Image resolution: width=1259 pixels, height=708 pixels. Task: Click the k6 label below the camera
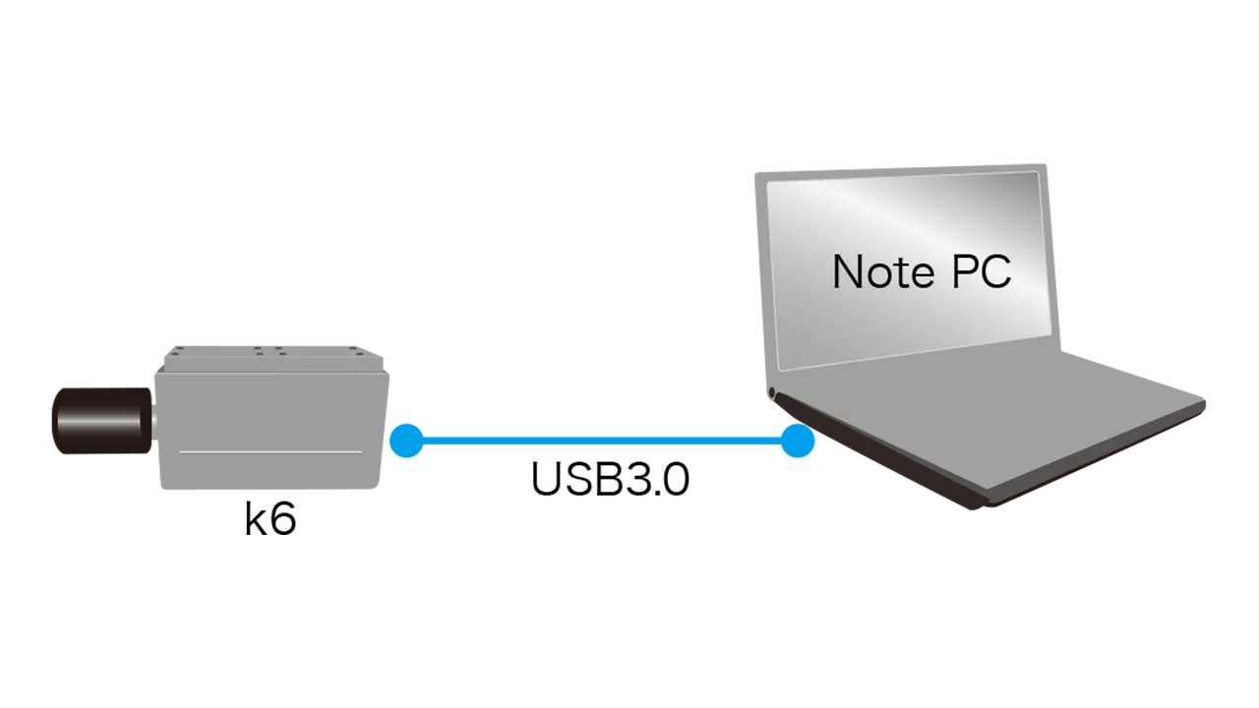click(x=270, y=518)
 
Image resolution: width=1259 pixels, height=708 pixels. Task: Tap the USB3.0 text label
click(x=611, y=479)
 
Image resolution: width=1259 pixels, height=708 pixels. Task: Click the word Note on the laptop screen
click(x=883, y=272)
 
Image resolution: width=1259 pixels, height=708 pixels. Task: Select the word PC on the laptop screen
click(x=982, y=272)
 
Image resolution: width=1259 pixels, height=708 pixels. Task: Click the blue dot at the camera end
click(x=406, y=441)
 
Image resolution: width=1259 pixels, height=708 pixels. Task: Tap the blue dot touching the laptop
click(x=798, y=441)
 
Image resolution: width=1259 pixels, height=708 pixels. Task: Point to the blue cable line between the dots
click(x=602, y=441)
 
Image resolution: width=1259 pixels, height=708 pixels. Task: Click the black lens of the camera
click(x=102, y=420)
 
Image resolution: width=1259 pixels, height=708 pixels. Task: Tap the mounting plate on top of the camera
click(x=273, y=358)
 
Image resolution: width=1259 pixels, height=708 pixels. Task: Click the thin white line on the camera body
click(x=270, y=451)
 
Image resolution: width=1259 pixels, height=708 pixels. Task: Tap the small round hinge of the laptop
click(x=772, y=392)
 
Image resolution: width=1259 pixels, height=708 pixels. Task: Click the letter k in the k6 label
click(x=256, y=518)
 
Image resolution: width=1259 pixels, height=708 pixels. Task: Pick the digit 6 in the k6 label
click(x=283, y=519)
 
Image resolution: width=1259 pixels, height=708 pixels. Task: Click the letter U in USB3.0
click(x=546, y=479)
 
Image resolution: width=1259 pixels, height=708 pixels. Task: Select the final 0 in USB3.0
click(x=676, y=479)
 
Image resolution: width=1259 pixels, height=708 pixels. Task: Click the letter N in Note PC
click(x=848, y=272)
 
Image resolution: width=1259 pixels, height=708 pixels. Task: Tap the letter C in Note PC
click(x=997, y=272)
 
